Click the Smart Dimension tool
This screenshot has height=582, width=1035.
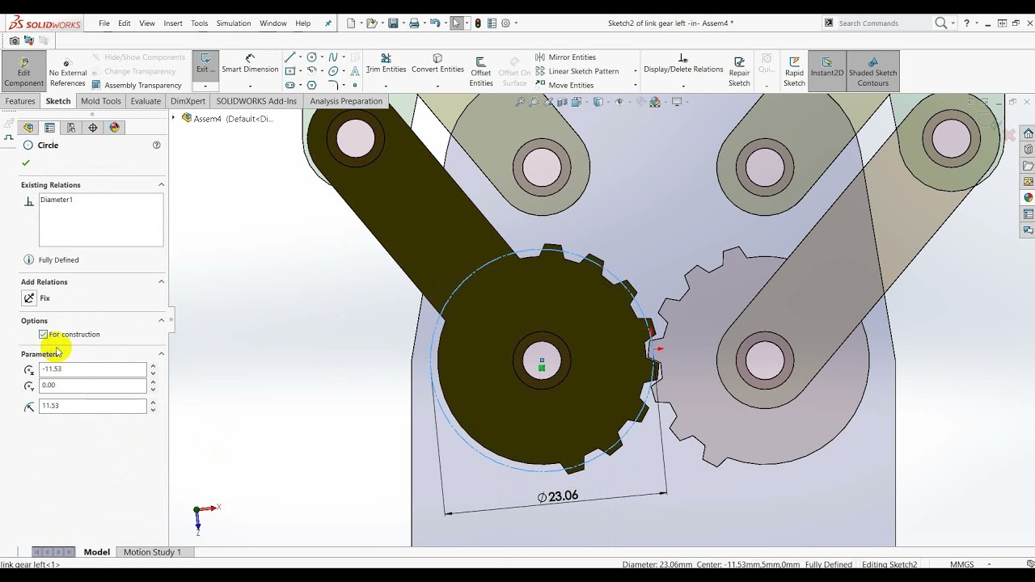click(250, 64)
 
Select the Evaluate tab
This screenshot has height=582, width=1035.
click(146, 101)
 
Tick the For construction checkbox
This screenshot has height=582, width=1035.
click(44, 335)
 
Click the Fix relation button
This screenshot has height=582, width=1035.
click(30, 298)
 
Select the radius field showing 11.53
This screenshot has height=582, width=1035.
click(92, 406)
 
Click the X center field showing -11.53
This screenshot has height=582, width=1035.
click(92, 369)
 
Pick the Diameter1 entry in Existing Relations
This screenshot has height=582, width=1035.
click(57, 200)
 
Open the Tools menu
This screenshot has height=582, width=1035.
click(199, 23)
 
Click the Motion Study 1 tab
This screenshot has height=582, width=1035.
click(152, 552)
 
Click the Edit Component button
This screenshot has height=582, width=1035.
click(23, 71)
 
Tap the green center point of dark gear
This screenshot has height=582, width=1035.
click(542, 368)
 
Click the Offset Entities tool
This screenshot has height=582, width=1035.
click(480, 71)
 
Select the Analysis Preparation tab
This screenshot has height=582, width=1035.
click(345, 101)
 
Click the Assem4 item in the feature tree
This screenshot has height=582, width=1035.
click(207, 119)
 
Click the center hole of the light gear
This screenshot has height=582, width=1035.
click(764, 360)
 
